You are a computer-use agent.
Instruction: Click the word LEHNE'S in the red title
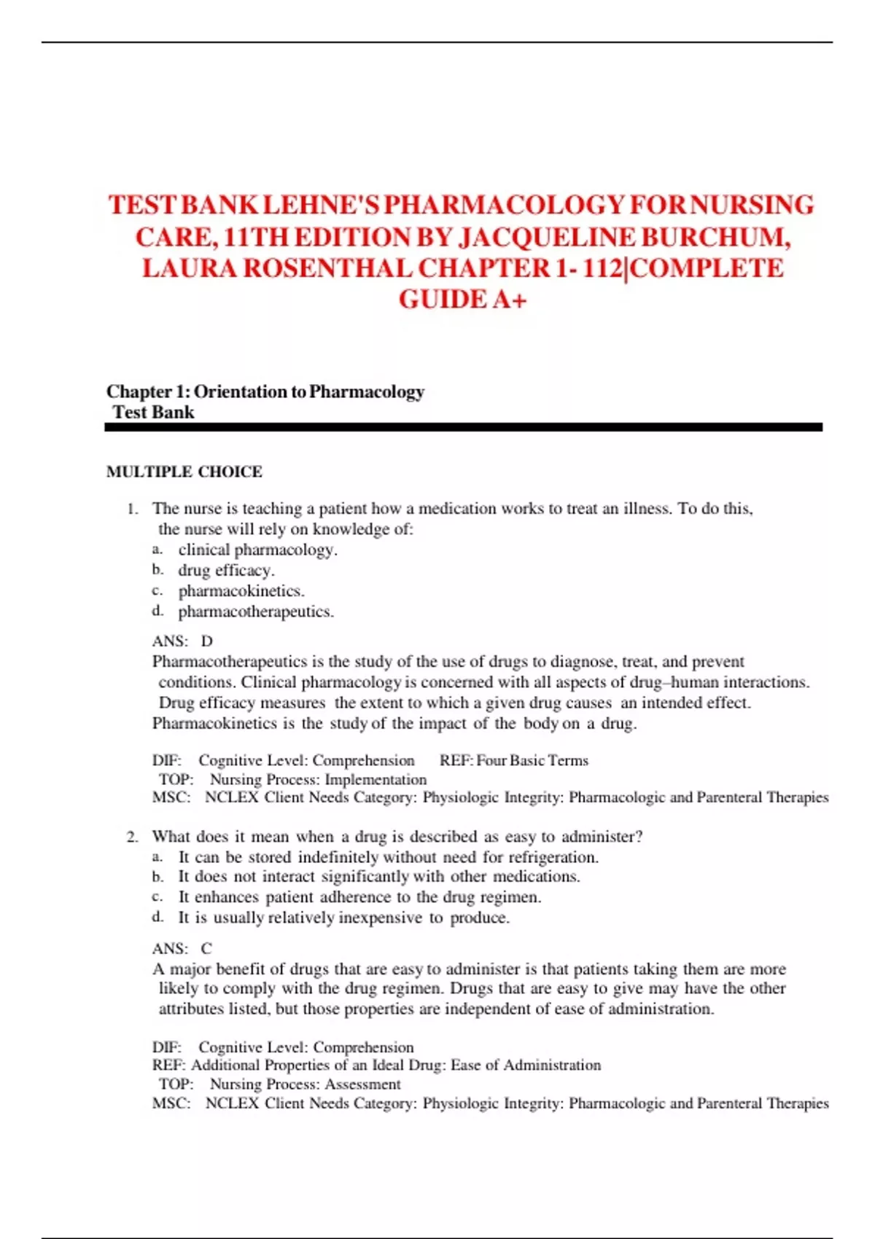(x=321, y=206)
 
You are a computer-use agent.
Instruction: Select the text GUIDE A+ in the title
(x=462, y=300)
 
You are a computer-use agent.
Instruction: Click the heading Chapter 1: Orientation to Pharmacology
(x=265, y=392)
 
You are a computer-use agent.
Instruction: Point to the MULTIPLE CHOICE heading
(x=184, y=472)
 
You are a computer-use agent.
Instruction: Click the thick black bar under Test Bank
(x=463, y=428)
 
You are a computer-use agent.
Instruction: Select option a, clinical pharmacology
(x=257, y=550)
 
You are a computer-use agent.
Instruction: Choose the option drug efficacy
(x=226, y=571)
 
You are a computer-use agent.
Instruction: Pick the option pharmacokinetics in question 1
(x=241, y=591)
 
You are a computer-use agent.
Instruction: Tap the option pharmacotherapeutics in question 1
(x=256, y=611)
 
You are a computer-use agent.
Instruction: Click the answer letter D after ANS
(x=207, y=641)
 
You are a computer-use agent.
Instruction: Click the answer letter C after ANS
(x=206, y=949)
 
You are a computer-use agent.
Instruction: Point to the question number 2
(x=132, y=837)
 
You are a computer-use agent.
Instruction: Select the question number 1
(x=132, y=509)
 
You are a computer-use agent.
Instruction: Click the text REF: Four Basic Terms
(x=514, y=761)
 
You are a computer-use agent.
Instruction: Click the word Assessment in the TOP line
(x=362, y=1084)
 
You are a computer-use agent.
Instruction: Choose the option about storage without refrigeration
(x=388, y=858)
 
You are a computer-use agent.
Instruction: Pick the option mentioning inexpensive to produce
(x=343, y=918)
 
